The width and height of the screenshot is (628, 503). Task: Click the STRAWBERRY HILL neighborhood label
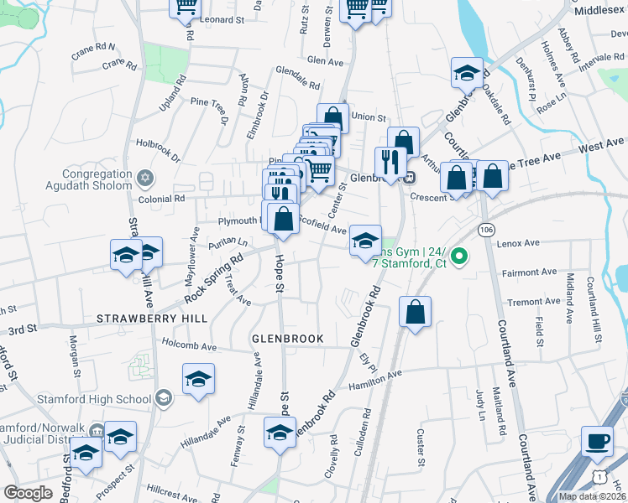click(x=151, y=319)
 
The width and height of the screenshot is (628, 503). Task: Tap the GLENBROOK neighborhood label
click(x=287, y=339)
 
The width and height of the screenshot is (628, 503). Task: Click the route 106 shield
click(x=486, y=228)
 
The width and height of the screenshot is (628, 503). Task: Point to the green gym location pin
click(x=459, y=255)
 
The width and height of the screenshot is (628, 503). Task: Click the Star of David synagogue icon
click(x=145, y=178)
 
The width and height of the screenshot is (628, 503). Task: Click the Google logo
click(x=28, y=493)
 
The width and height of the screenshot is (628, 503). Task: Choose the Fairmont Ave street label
click(x=530, y=272)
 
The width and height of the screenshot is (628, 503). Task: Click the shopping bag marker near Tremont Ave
click(x=415, y=312)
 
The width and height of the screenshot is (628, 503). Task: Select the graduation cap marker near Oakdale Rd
click(x=467, y=73)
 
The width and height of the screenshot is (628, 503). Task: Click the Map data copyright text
click(x=592, y=496)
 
